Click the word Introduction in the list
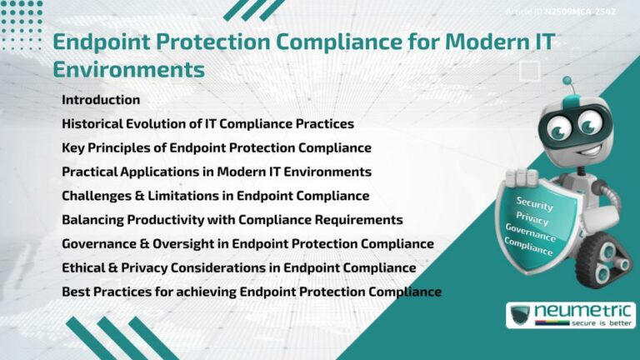(101, 100)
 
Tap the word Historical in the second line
(92, 124)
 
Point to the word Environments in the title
(128, 69)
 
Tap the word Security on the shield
(534, 202)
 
